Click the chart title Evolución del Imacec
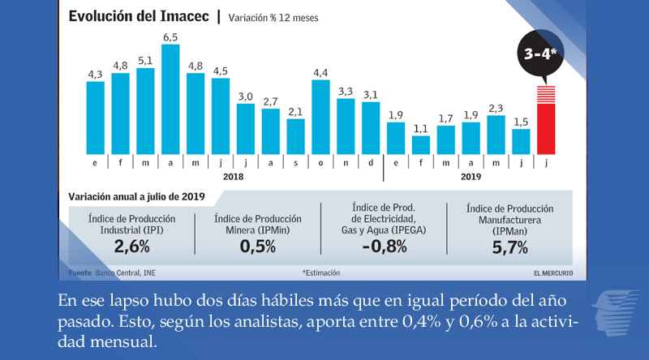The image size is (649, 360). point(139,16)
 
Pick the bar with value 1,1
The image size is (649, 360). point(420,144)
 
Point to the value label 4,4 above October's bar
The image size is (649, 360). point(320,72)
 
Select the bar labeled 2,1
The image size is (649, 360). point(295,136)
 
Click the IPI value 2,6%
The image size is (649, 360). point(131,246)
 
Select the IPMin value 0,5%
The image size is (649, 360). point(258,246)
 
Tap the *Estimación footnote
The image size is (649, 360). point(320,272)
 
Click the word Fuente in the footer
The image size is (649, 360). point(80,272)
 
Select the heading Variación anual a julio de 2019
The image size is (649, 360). point(136,196)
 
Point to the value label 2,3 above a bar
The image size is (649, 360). point(496,108)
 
